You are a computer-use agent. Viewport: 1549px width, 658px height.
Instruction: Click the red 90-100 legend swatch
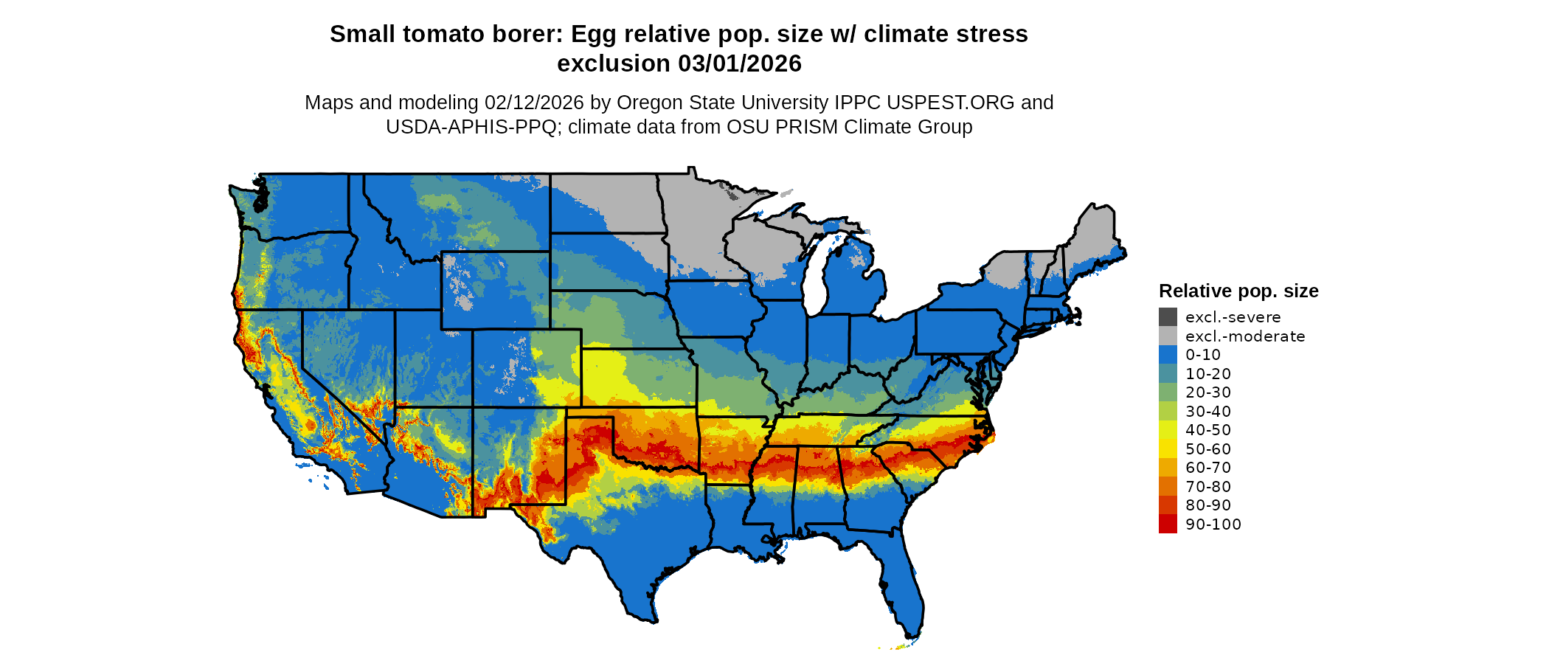1168,524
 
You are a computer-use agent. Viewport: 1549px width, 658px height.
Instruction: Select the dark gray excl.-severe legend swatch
1168,317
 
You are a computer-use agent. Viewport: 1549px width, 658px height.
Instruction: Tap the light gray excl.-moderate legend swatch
1168,336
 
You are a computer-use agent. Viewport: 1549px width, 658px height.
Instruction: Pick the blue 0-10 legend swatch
1168,355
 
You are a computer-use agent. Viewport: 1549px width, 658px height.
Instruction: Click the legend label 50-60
1208,449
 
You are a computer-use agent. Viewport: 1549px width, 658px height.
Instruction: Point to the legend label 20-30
1208,392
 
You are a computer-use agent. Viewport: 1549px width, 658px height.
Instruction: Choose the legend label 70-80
1208,487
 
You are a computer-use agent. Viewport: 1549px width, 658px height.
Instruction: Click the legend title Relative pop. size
1238,291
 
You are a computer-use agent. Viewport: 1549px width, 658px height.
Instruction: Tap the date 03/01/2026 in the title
740,64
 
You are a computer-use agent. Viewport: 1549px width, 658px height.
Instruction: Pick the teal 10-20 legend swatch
1168,374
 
